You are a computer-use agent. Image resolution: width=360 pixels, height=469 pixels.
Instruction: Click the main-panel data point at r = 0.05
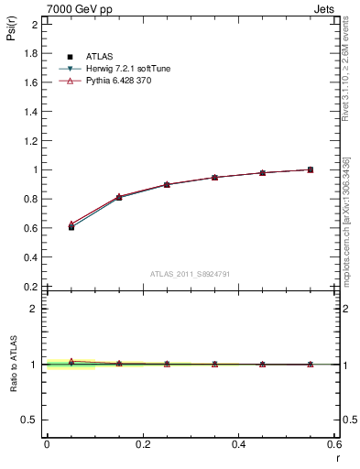tap(71, 227)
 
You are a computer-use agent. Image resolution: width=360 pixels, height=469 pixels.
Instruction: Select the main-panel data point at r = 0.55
tap(311, 169)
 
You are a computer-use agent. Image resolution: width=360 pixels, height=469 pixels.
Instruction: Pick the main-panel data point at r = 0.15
tap(119, 197)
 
